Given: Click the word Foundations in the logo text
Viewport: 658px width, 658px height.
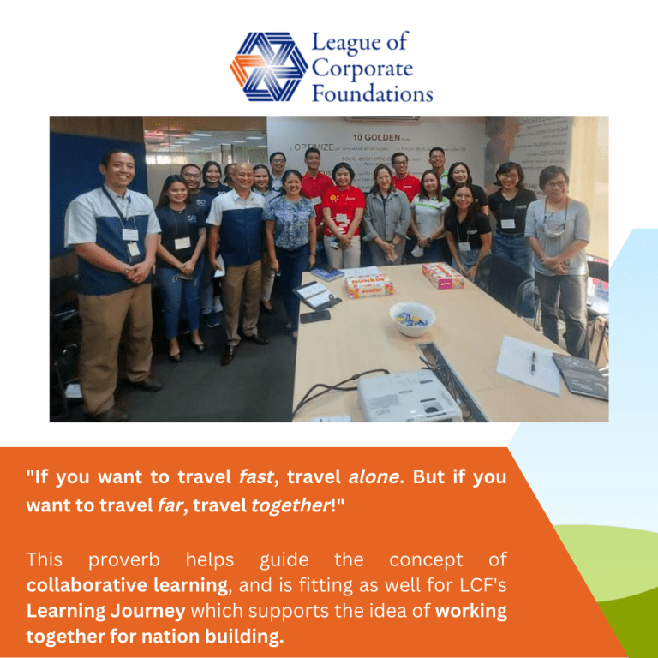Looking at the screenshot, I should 372,93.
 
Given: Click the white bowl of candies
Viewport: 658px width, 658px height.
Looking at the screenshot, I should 412,319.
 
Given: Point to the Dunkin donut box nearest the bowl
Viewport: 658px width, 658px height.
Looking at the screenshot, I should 369,284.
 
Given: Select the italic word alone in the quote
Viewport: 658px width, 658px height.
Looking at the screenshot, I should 374,477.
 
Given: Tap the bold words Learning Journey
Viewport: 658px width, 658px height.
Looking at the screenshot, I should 105,612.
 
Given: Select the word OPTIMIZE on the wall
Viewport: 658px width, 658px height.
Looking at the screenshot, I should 314,147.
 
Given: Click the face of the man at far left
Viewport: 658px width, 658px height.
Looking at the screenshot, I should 117,170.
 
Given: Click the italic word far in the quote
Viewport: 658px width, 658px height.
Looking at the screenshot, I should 169,505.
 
